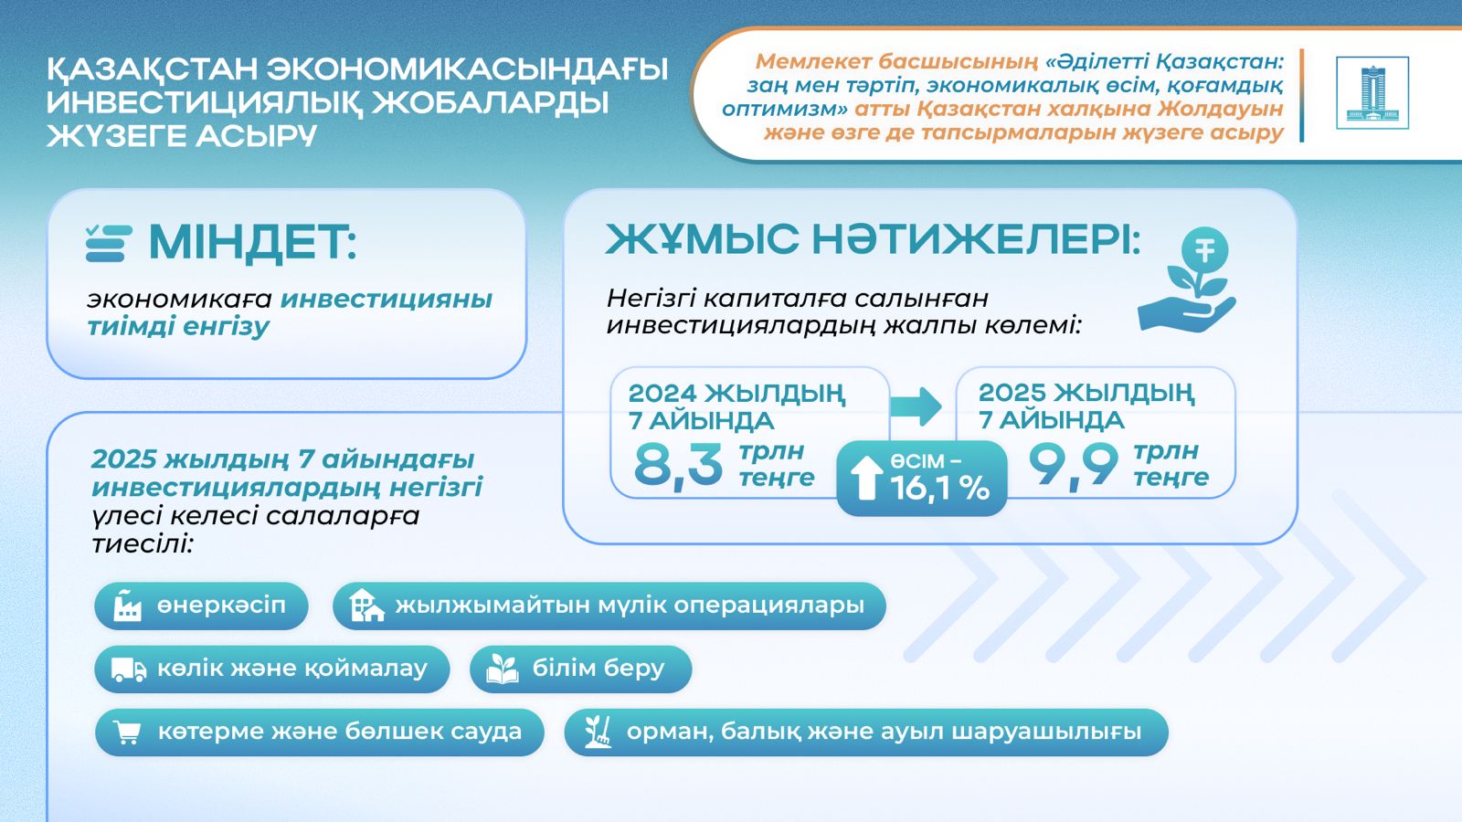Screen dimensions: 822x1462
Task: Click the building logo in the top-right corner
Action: coord(1372,93)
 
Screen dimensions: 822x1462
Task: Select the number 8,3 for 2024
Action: coord(678,465)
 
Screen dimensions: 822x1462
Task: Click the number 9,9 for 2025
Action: coord(1073,465)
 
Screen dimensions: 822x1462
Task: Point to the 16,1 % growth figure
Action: coord(939,489)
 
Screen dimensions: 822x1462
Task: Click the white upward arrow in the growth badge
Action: coord(865,479)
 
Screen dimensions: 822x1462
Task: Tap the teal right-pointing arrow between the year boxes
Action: coord(916,406)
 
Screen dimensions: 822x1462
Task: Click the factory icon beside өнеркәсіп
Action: coord(127,606)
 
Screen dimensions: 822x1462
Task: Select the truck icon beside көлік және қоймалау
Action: coord(128,669)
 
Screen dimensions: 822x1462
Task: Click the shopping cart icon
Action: coord(127,732)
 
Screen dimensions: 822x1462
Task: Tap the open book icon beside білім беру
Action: coord(502,669)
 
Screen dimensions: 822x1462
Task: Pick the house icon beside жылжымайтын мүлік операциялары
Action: coord(366,606)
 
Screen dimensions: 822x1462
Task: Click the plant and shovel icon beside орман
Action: coord(598,732)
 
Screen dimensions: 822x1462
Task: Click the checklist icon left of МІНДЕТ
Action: coord(109,243)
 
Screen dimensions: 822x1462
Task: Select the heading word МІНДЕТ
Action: coord(251,243)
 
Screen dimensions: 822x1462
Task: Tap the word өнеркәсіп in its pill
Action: coord(221,606)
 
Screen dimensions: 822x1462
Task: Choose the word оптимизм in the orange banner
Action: coord(779,109)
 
